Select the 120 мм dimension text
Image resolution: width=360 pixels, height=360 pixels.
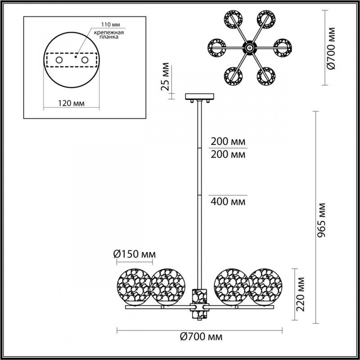72,103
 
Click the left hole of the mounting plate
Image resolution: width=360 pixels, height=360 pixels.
58,59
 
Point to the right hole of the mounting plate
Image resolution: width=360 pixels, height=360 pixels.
84,59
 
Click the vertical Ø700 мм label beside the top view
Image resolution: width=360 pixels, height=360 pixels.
332,48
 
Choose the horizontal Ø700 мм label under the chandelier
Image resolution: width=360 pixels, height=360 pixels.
200,336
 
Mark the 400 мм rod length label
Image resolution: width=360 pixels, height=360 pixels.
228,201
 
